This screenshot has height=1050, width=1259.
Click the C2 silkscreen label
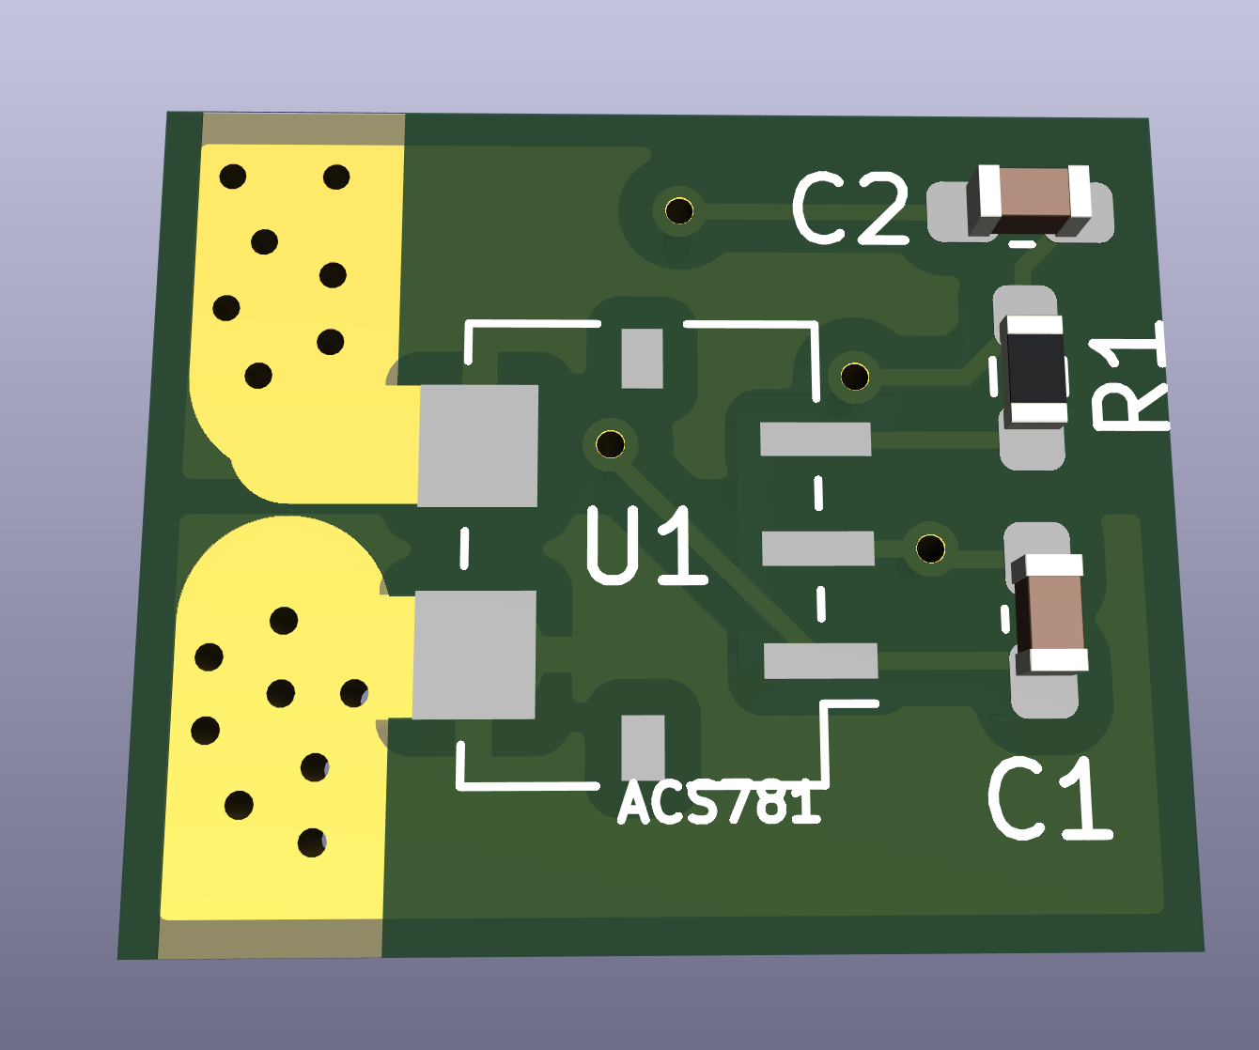click(x=850, y=209)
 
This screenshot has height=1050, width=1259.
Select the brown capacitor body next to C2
click(x=1033, y=199)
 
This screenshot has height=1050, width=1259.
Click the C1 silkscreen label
click(x=1049, y=800)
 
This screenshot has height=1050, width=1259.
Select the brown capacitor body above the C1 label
click(x=1049, y=612)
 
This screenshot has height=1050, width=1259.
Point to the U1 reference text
click(x=645, y=546)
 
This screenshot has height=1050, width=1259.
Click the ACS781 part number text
click(x=719, y=804)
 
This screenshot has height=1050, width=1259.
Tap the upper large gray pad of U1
click(x=478, y=446)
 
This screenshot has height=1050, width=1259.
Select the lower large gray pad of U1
click(x=474, y=655)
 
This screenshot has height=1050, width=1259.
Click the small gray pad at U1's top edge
click(x=643, y=358)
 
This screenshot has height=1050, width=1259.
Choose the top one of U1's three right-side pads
click(x=815, y=440)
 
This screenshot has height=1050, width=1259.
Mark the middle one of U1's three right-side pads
click(x=817, y=548)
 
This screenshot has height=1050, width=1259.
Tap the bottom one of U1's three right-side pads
click(x=820, y=660)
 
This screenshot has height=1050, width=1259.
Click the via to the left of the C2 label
click(x=678, y=209)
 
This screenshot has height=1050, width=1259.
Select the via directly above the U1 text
click(x=610, y=443)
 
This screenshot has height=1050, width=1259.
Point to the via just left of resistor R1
click(x=854, y=377)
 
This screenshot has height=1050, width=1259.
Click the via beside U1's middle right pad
click(x=930, y=548)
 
